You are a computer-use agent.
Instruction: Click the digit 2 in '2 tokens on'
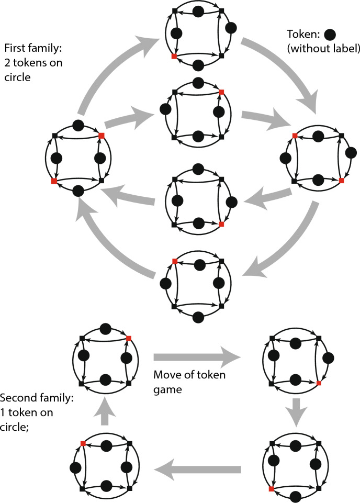[7, 62]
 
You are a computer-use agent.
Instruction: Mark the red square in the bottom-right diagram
[271, 489]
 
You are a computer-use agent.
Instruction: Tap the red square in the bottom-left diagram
[83, 444]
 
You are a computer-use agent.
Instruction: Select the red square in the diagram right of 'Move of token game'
[318, 384]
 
